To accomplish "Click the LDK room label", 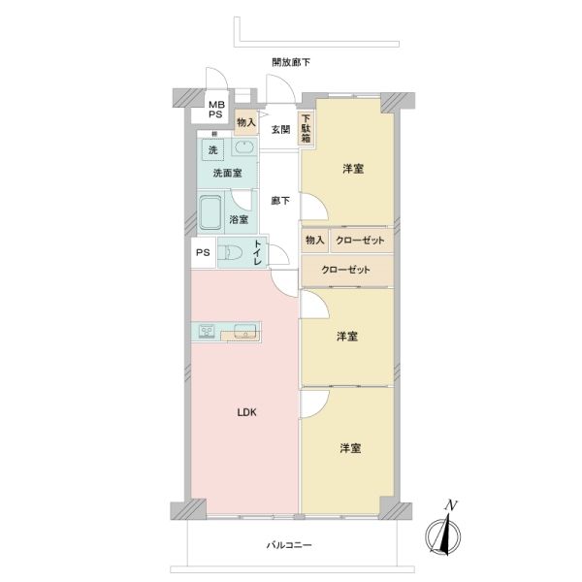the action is [x=246, y=412].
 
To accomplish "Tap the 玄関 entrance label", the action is [x=280, y=130].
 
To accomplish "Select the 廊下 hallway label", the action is [x=280, y=201].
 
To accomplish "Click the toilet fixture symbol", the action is [x=230, y=253].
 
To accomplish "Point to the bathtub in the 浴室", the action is [x=210, y=213].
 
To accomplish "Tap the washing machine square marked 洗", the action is [x=213, y=149].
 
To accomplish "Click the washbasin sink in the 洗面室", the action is [x=244, y=147].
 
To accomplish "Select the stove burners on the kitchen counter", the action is [x=207, y=331].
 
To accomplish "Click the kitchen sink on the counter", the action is [x=245, y=331].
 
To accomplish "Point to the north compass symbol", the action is [x=443, y=531].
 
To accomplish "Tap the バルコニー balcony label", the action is [x=289, y=545].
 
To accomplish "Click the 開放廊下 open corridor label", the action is [x=291, y=62].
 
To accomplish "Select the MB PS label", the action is [x=215, y=110].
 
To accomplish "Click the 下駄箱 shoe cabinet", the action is [x=306, y=129].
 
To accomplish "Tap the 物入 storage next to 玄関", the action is [x=246, y=122].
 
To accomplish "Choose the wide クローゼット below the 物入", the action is [x=346, y=270].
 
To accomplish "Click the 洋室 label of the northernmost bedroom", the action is [x=353, y=169].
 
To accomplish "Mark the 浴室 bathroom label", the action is [x=239, y=219].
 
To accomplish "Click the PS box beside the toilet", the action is [x=203, y=253].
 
